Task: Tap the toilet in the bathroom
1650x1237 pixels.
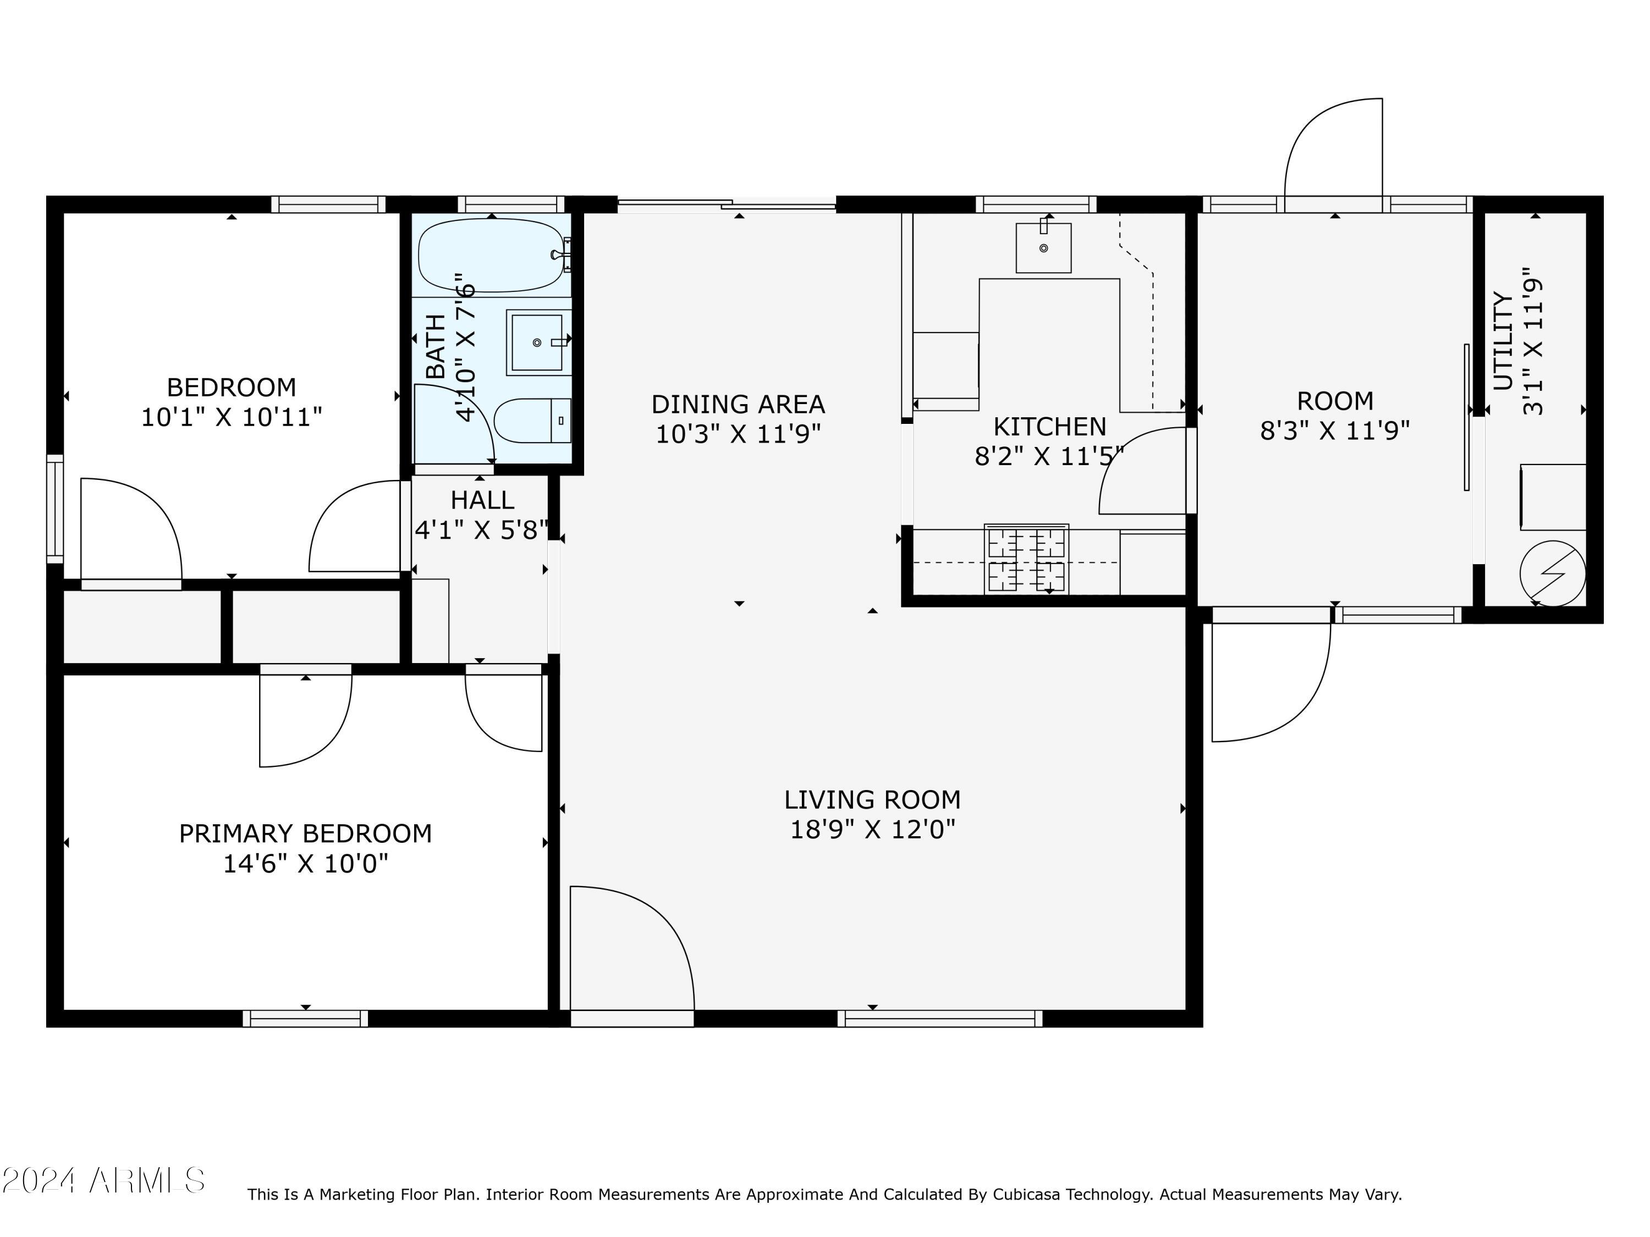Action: click(531, 421)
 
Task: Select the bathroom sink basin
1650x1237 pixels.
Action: click(537, 343)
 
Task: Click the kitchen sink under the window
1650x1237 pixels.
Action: click(1043, 247)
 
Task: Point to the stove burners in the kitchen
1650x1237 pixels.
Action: click(1026, 559)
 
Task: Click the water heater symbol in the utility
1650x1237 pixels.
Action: click(1552, 573)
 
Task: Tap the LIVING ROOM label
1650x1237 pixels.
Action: click(872, 800)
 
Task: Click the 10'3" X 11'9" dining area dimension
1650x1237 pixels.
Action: click(738, 434)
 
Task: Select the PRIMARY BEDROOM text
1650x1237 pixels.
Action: click(305, 833)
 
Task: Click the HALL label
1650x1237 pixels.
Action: click(482, 500)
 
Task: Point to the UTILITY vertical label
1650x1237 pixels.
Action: click(1502, 341)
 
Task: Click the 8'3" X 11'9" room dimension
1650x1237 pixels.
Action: click(1334, 431)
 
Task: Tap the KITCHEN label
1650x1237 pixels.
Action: click(1049, 427)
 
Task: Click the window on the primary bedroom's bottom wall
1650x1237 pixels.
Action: click(305, 1019)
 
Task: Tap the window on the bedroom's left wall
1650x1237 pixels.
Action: click(55, 508)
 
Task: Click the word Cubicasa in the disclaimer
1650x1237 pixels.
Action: click(1032, 1195)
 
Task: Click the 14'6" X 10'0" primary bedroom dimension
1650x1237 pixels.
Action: click(305, 864)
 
